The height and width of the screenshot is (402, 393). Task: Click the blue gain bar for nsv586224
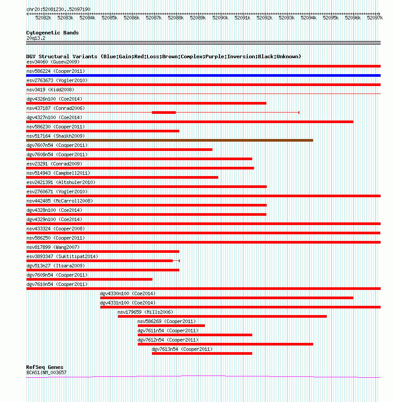point(203,75)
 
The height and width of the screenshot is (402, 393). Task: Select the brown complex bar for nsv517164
point(170,140)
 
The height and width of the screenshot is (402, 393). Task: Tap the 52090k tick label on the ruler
point(220,18)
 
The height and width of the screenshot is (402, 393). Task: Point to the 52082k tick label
point(43,18)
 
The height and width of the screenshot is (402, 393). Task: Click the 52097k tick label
point(375,18)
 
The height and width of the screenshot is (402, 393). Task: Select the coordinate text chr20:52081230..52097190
point(58,9)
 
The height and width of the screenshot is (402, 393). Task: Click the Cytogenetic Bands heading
point(53,33)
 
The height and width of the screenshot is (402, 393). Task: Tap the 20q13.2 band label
point(36,38)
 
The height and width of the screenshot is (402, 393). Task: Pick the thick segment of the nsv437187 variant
point(164,113)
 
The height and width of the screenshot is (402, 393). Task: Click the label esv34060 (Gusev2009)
point(53,62)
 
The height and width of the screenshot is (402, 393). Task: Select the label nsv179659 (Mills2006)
point(145,312)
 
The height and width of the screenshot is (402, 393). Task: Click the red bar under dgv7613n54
point(202,353)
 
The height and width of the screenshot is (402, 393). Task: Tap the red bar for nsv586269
point(171,326)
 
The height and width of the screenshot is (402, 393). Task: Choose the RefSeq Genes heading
point(45,367)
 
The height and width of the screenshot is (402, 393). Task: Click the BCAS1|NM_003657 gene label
point(46,372)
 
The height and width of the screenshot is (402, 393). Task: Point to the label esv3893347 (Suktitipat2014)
point(62,257)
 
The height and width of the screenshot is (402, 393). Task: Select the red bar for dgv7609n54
point(89,279)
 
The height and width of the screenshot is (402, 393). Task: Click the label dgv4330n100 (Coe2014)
point(128,293)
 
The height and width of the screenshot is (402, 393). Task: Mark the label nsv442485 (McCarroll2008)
point(60,201)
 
